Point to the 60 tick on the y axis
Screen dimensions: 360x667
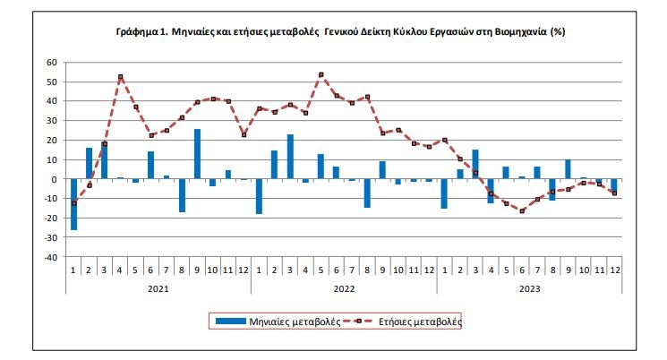[51, 63]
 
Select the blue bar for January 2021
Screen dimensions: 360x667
[73, 204]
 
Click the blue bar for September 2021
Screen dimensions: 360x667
[197, 154]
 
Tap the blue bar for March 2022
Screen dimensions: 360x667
[289, 157]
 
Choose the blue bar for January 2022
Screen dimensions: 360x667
[259, 196]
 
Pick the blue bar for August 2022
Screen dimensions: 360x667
[366, 193]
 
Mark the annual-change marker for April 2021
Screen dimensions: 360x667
[120, 77]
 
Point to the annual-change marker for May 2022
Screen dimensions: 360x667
[321, 74]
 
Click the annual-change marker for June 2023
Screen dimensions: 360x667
[520, 210]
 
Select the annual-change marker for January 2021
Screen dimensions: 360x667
[73, 203]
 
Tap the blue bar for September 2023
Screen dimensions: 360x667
[567, 169]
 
